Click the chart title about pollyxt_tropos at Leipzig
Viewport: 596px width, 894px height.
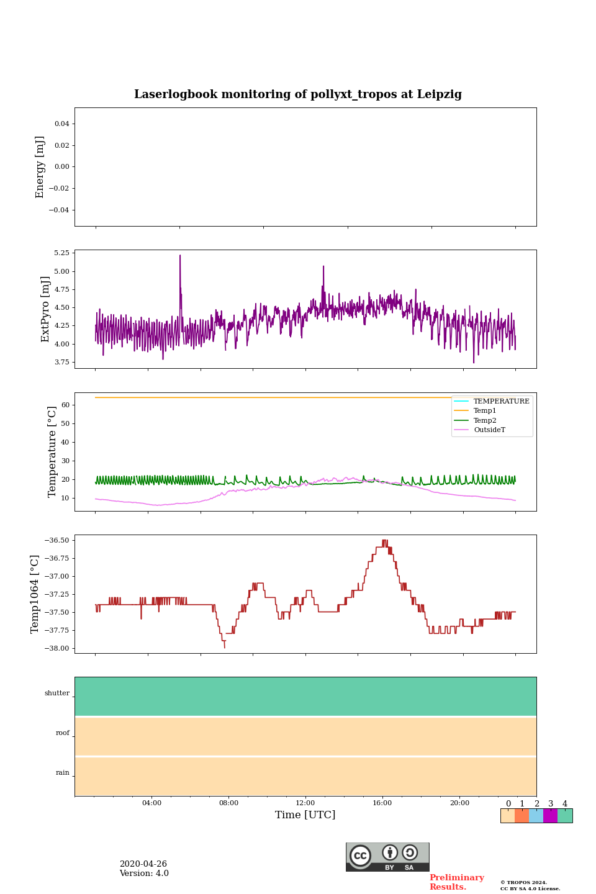click(x=298, y=94)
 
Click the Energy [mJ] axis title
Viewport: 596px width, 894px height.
click(x=40, y=167)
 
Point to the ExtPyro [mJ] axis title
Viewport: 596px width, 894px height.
click(x=45, y=309)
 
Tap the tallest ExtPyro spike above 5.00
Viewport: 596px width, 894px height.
click(x=180, y=256)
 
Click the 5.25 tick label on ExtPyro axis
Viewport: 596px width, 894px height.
click(x=61, y=253)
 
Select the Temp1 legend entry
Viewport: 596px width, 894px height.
click(x=485, y=411)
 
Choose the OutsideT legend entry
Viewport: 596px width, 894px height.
click(x=489, y=430)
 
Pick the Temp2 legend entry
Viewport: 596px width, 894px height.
click(x=485, y=420)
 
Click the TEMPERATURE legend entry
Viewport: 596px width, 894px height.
click(x=501, y=402)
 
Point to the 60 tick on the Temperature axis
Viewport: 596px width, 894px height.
click(x=65, y=405)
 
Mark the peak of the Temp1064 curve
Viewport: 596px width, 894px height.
click(x=385, y=541)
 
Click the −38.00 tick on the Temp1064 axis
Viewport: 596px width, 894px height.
click(x=57, y=648)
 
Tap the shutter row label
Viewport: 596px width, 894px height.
click(x=57, y=693)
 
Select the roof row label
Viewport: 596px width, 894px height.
click(x=63, y=733)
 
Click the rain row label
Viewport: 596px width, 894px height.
click(x=63, y=773)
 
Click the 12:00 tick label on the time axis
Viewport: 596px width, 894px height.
click(x=305, y=803)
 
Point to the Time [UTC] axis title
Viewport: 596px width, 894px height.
click(x=305, y=815)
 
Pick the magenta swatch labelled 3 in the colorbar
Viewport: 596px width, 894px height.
click(x=550, y=816)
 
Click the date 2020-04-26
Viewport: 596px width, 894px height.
click(x=143, y=864)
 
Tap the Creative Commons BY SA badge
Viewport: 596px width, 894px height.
click(x=387, y=857)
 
